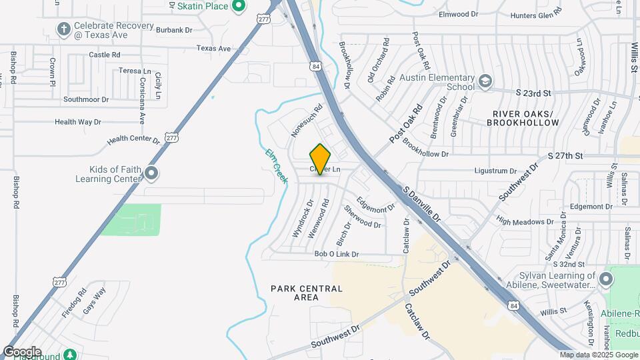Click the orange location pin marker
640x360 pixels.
tap(321, 159)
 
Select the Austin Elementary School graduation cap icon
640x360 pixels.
tap(485, 81)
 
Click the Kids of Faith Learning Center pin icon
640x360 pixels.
tap(151, 174)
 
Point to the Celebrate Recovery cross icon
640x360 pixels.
tap(63, 29)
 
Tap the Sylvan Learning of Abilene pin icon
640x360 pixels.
tap(605, 279)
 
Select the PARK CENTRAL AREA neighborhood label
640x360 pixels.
tap(307, 293)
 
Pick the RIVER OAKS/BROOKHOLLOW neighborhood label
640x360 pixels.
tap(523, 118)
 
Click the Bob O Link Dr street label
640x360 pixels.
tap(337, 254)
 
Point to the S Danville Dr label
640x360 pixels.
tap(423, 204)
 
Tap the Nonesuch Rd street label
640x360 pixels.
tap(307, 121)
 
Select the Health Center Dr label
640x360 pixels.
tap(134, 139)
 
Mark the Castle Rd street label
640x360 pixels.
tap(104, 55)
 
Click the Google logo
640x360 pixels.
tap(22, 351)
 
